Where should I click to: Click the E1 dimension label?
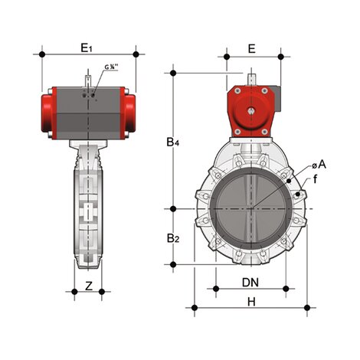coord(87,47)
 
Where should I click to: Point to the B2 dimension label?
coord(175,239)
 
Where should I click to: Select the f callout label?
coord(314,179)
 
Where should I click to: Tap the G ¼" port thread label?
coord(110,67)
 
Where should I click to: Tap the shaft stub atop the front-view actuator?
coord(251,80)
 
